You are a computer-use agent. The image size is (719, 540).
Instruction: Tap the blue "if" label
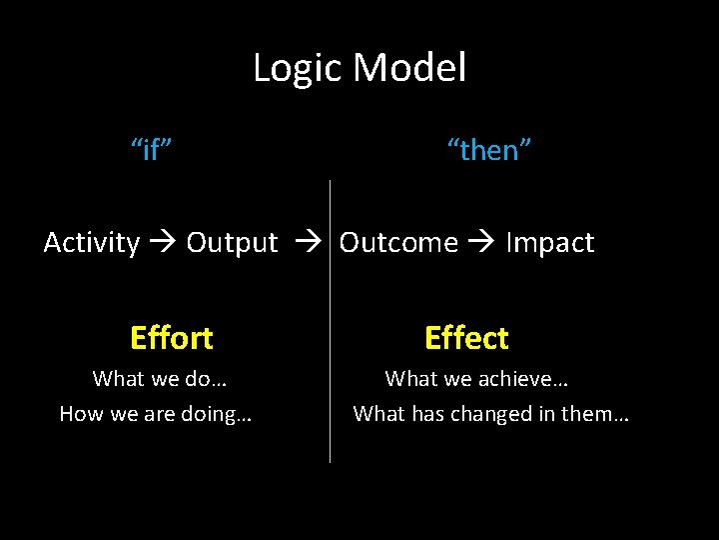point(152,151)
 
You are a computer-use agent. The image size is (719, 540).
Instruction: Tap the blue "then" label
point(489,151)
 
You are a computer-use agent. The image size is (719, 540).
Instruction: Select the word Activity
point(92,243)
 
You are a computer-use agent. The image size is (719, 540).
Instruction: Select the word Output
point(232,243)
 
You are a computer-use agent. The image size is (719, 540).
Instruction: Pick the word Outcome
point(398,243)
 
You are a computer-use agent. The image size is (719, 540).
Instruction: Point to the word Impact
point(550,243)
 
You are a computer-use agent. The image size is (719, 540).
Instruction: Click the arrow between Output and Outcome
point(309,243)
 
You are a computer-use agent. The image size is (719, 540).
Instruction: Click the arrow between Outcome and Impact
point(482,243)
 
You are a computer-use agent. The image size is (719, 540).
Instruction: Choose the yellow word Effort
point(172,338)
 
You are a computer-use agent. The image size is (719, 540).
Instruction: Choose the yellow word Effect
point(466,338)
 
